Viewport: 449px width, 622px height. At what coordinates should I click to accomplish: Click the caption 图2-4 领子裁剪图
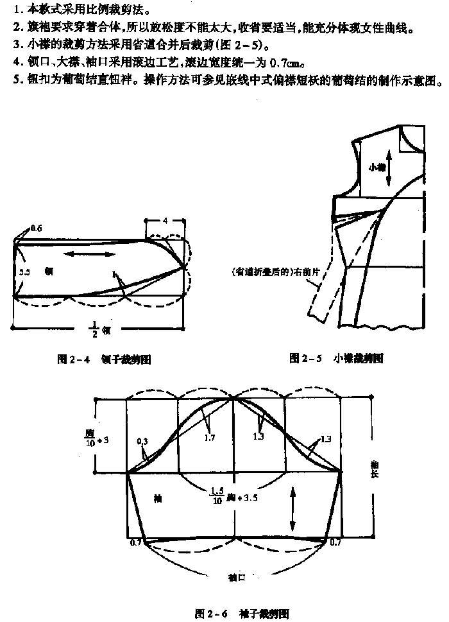[103, 360]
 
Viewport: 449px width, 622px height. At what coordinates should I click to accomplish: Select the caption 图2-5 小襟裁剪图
[336, 358]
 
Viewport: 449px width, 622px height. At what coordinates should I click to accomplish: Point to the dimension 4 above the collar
[164, 221]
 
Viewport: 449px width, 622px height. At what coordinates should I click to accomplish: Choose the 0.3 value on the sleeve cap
[143, 441]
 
